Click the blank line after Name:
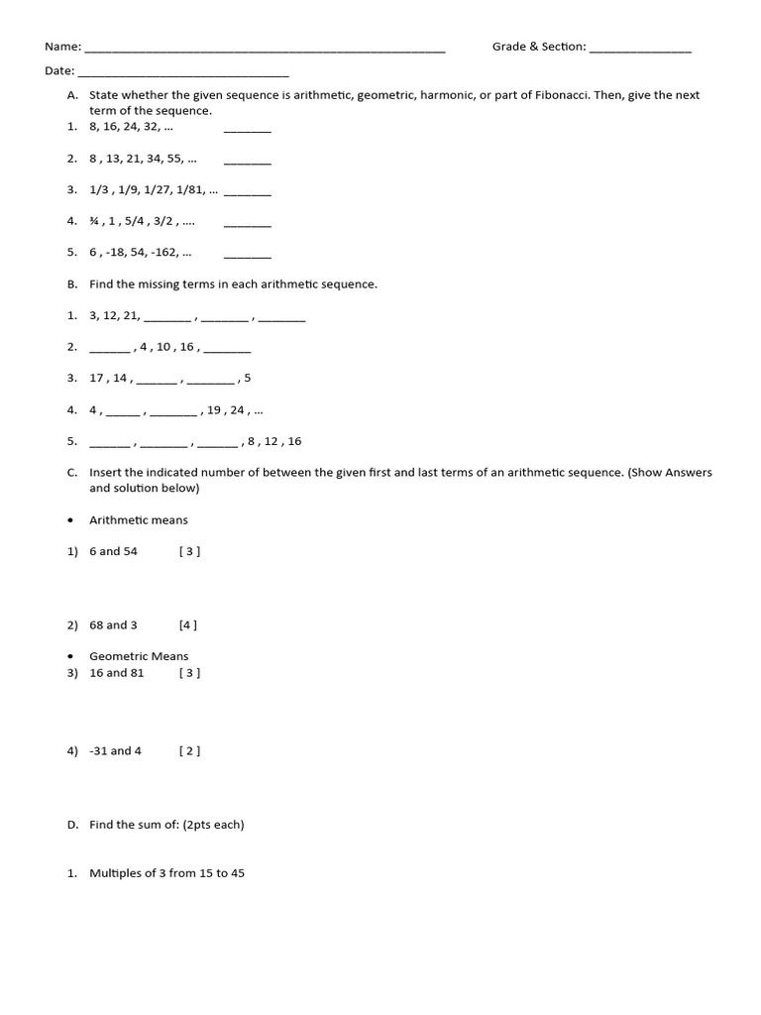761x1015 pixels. (x=265, y=48)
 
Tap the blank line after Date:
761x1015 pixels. (x=182, y=71)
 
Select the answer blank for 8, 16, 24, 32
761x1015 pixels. (x=247, y=128)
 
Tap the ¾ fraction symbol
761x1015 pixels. (x=95, y=221)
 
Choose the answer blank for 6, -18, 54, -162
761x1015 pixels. (x=247, y=253)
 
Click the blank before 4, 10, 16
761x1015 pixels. (x=109, y=348)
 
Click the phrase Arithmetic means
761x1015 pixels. (x=139, y=519)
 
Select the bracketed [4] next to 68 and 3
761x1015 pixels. (x=188, y=625)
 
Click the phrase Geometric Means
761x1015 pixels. (x=139, y=656)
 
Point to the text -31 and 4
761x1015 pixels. (x=115, y=751)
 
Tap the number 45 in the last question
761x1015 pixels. (x=237, y=873)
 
